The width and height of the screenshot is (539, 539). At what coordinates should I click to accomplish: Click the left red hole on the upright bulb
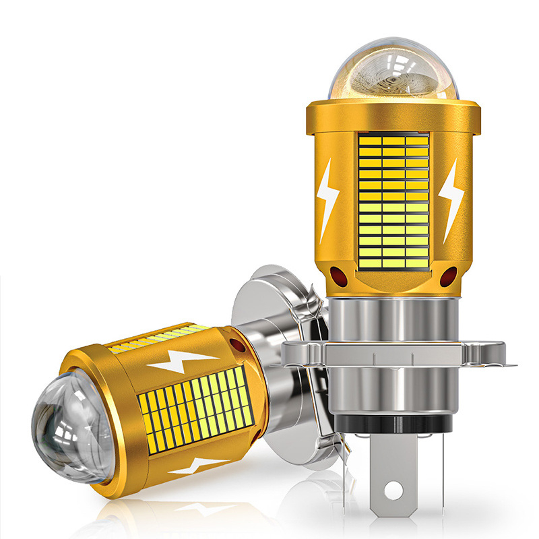point(337,274)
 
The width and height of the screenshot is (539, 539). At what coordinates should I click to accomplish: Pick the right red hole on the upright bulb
point(449,275)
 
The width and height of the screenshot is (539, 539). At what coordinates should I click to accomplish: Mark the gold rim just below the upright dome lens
point(393,108)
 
